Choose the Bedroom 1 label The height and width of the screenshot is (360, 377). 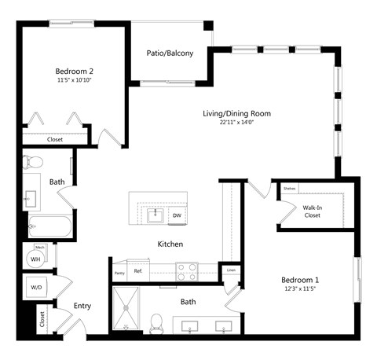click(x=302, y=279)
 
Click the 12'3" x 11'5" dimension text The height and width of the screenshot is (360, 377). click(x=302, y=289)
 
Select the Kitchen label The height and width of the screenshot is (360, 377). click(x=170, y=244)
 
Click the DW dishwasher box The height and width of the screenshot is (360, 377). click(x=177, y=215)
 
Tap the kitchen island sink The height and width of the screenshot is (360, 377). click(x=156, y=214)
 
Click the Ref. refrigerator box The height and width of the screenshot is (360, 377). click(x=138, y=271)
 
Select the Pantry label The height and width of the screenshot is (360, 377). click(x=119, y=273)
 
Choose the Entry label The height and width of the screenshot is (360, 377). click(x=82, y=306)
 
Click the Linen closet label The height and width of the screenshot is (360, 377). click(x=230, y=270)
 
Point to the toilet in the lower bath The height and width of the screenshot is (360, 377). click(x=156, y=321)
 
